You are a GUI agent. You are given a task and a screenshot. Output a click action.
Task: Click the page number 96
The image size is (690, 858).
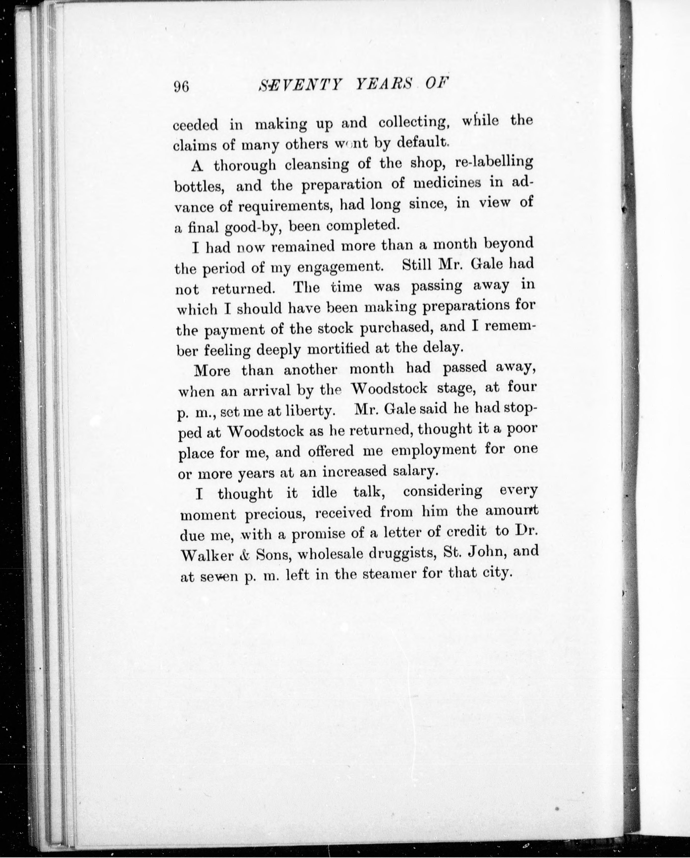click(x=181, y=86)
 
